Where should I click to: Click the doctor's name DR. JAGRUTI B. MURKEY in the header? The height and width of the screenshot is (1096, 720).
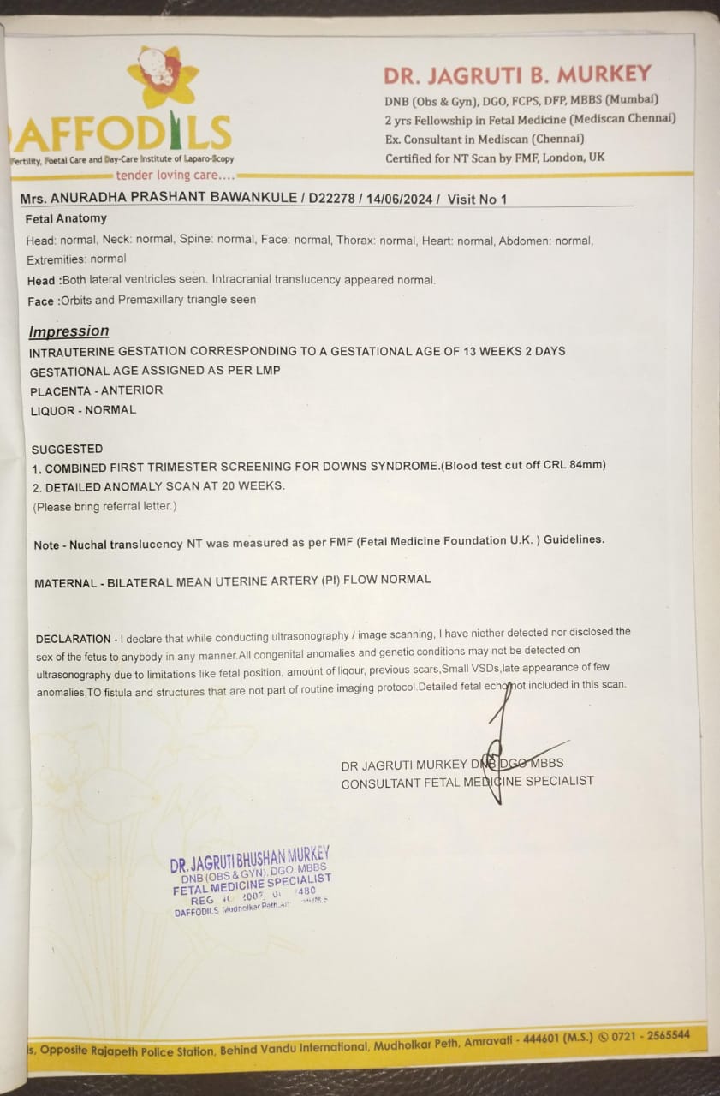tap(517, 74)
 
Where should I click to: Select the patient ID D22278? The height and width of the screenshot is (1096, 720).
tap(336, 200)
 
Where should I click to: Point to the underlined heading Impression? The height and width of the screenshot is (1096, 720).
tap(68, 331)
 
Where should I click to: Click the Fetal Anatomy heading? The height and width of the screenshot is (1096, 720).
tap(66, 218)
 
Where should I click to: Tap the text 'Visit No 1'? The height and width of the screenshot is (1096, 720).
tap(477, 200)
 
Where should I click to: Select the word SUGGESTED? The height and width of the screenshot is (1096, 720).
tap(67, 449)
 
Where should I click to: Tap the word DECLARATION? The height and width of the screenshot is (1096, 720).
tap(73, 639)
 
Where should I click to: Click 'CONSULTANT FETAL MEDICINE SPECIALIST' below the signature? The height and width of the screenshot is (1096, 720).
tap(467, 781)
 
